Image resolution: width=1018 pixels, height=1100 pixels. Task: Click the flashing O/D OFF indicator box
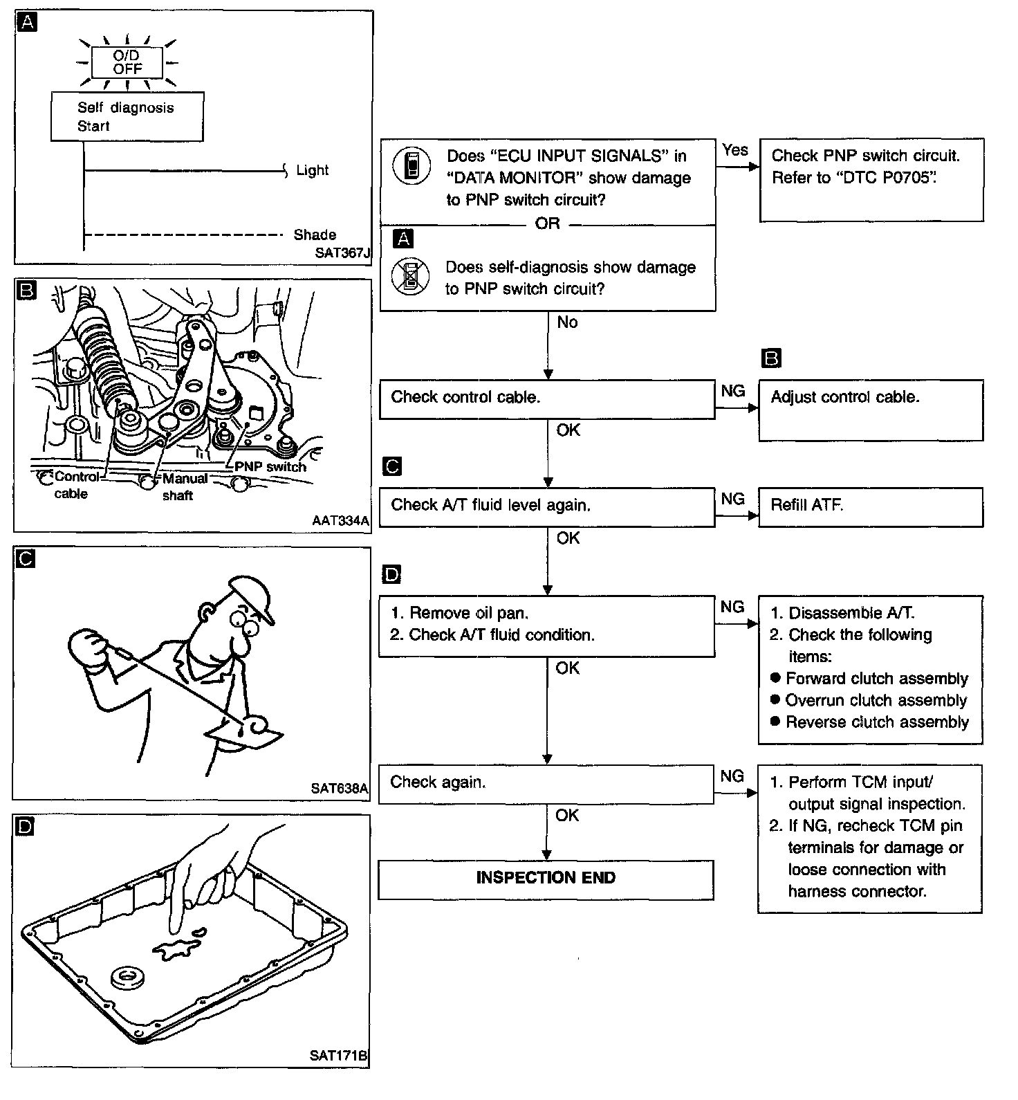[127, 63]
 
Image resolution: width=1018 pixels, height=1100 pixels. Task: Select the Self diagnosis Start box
[127, 117]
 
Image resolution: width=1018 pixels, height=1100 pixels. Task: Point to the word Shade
[315, 235]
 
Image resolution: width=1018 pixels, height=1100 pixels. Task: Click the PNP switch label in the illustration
[270, 467]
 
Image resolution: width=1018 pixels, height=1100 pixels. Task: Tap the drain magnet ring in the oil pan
[128, 978]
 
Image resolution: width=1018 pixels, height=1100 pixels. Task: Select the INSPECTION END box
[546, 879]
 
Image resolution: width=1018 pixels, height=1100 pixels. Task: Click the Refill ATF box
[870, 506]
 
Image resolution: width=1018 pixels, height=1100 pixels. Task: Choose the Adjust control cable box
[870, 409]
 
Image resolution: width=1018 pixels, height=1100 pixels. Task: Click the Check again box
[546, 783]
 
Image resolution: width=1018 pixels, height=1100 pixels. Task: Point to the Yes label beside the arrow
[734, 149]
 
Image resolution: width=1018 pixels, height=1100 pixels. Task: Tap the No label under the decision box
[567, 322]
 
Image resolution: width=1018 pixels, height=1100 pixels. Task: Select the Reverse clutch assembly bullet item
[876, 722]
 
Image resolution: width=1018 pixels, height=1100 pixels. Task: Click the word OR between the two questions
[547, 223]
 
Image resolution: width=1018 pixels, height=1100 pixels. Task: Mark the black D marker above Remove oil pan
[391, 574]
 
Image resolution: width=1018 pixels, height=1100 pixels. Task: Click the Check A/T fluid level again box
[546, 506]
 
